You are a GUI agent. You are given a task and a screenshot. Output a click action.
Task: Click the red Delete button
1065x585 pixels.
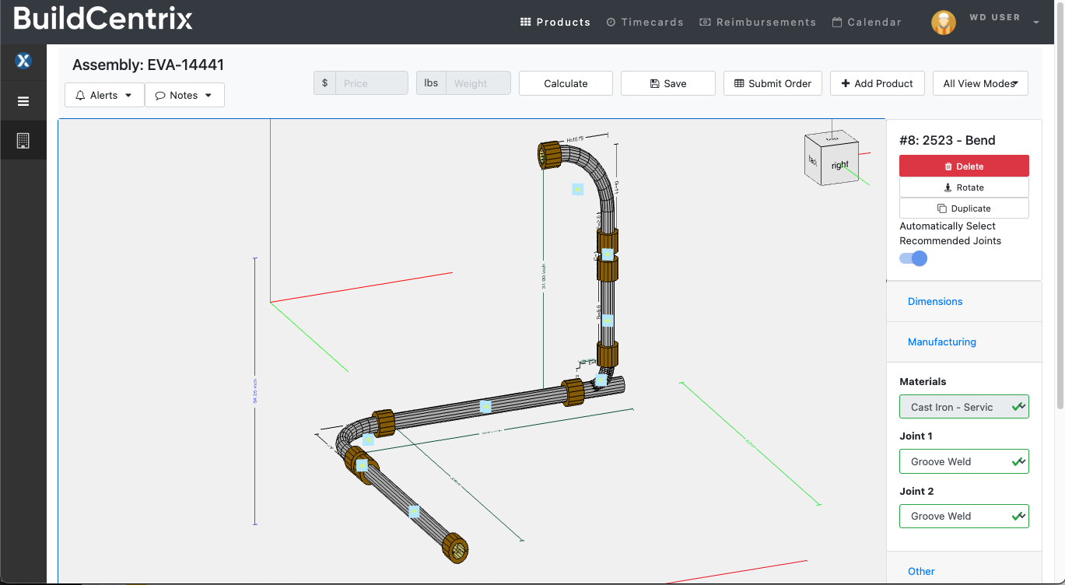click(964, 166)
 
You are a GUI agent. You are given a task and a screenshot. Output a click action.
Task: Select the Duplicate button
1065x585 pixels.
click(964, 208)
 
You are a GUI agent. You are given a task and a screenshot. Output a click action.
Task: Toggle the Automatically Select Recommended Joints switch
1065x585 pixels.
click(913, 258)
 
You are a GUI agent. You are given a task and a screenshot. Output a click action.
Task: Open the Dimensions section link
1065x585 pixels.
click(935, 302)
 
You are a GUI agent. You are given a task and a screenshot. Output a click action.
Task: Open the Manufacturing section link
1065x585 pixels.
click(941, 342)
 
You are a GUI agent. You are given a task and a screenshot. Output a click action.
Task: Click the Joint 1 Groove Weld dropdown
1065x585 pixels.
click(964, 461)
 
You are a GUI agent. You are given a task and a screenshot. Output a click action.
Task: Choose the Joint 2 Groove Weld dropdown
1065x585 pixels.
click(964, 516)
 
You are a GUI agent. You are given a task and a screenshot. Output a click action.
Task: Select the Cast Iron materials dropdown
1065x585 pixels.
click(964, 407)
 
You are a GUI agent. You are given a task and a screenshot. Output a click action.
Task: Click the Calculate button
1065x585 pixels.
click(566, 83)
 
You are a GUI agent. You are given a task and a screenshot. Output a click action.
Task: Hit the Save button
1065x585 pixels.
click(667, 83)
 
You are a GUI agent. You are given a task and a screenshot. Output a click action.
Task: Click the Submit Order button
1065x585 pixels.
click(772, 83)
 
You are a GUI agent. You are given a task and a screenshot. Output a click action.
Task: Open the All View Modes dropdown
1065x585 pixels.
click(980, 83)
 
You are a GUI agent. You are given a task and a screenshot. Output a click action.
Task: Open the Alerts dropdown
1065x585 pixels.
click(104, 95)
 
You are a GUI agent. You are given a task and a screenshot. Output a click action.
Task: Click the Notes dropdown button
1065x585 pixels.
click(184, 95)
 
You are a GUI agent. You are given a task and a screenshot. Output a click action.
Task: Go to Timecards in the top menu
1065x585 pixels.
click(645, 23)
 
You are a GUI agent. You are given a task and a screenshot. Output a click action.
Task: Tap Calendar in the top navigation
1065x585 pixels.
click(867, 23)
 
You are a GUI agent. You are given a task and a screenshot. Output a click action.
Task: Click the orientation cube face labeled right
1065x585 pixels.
click(839, 165)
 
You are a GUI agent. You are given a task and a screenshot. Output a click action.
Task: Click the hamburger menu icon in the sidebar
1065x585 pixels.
click(23, 101)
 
